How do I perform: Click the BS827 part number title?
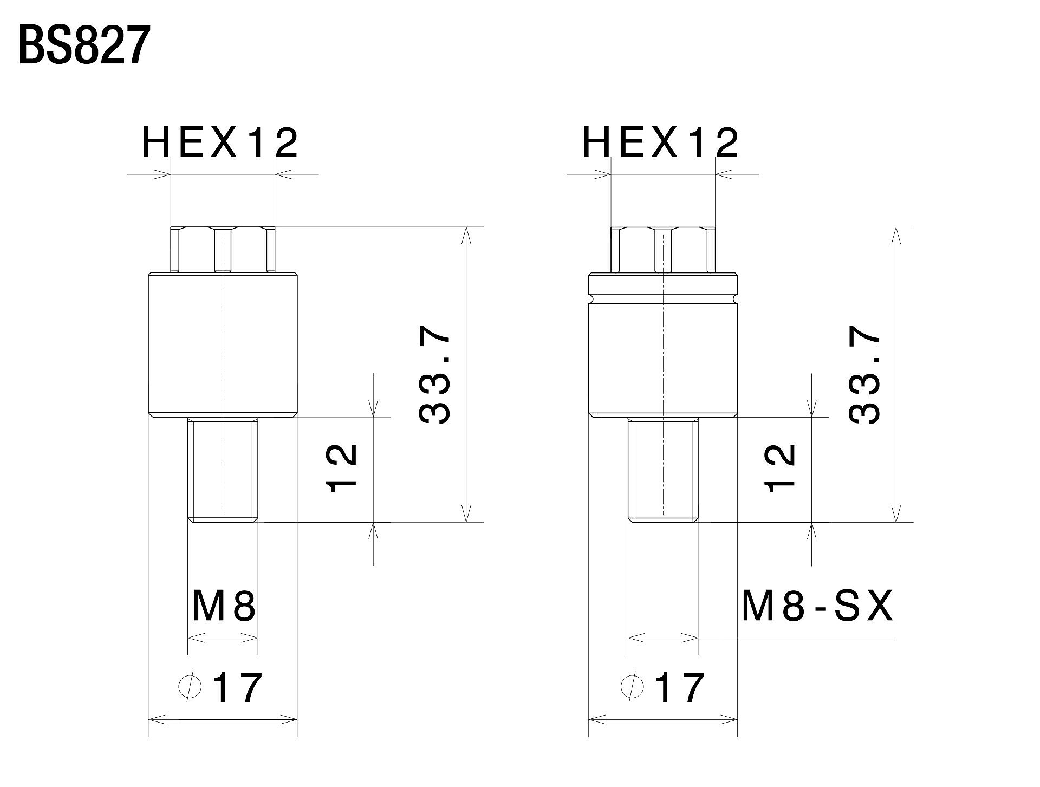(84, 46)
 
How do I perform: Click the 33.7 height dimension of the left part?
(434, 378)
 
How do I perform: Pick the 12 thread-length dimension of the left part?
(342, 467)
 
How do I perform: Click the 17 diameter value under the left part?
(237, 687)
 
